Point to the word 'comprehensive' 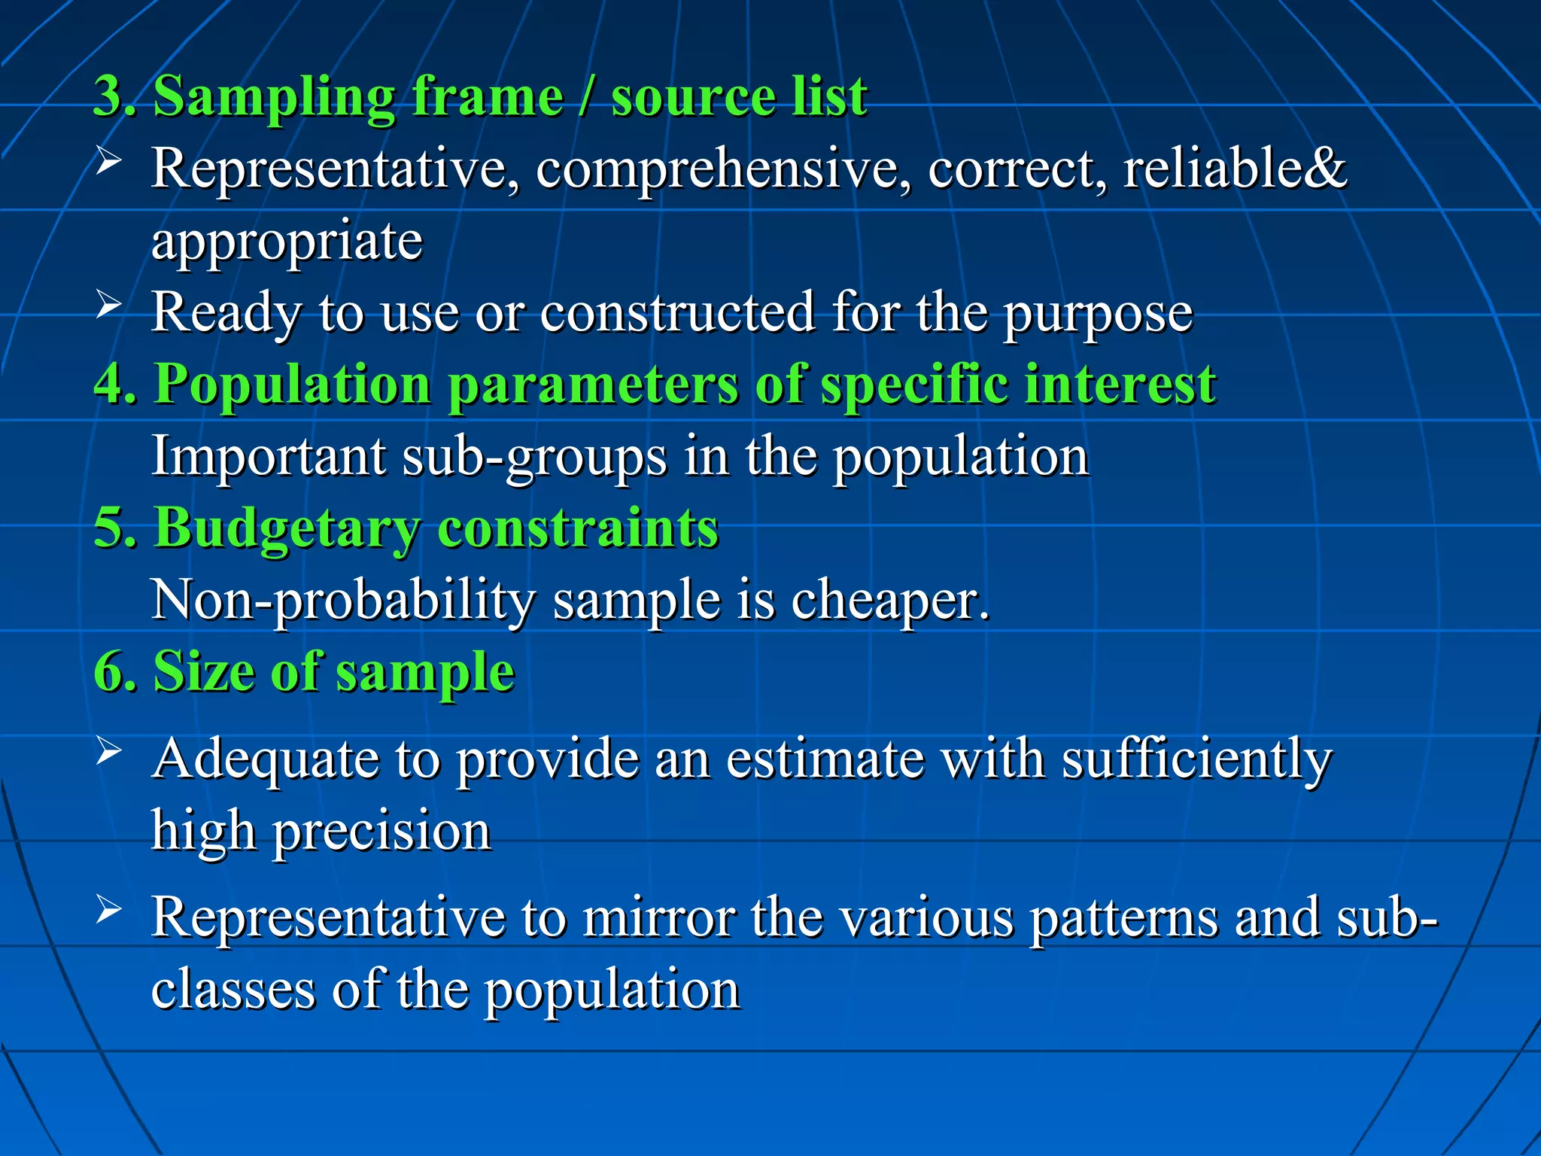click(718, 169)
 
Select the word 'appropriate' click(287, 242)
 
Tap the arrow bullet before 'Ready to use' click(109, 304)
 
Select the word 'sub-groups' click(534, 456)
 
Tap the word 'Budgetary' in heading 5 click(286, 528)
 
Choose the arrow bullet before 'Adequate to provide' click(109, 750)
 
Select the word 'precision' click(382, 831)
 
